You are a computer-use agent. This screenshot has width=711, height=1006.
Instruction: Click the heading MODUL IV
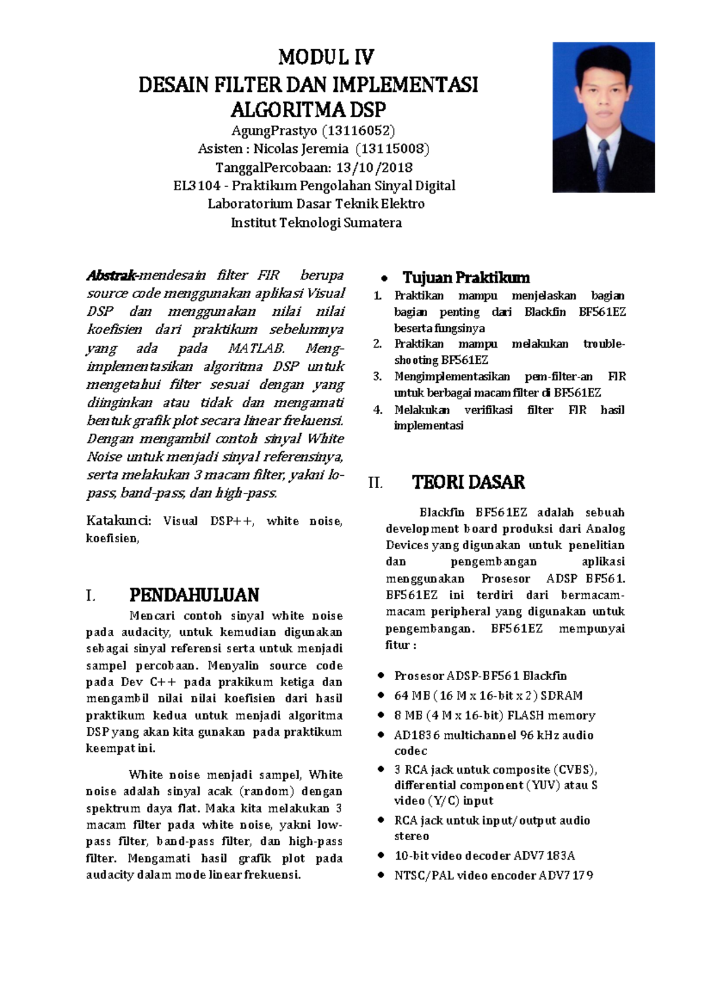pos(326,57)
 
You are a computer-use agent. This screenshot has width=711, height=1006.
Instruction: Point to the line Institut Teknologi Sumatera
pos(316,223)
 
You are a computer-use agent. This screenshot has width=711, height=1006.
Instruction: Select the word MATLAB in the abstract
pos(257,348)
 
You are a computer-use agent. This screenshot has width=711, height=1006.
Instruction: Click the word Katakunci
pos(118,521)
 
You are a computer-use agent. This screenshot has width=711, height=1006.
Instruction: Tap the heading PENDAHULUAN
pos(194,595)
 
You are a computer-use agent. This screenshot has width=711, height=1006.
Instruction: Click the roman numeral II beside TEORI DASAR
pos(375,483)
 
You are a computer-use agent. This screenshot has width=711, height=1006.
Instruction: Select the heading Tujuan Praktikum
pos(466,277)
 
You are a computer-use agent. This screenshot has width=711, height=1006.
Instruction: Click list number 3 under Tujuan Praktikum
pos(377,376)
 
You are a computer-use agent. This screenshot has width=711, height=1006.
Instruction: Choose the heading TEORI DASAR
pos(468,482)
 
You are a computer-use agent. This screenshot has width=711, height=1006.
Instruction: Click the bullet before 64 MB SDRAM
pos(381,696)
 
